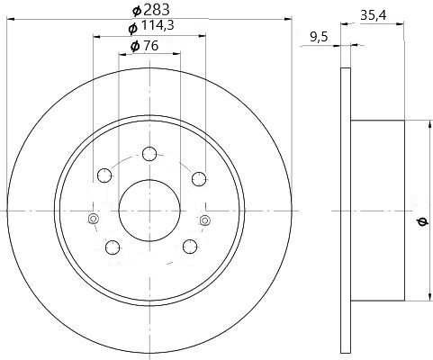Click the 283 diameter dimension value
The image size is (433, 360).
point(157,10)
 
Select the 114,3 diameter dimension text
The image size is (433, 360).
point(158,26)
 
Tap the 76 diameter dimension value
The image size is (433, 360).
point(151,46)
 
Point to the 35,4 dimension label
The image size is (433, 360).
point(374,15)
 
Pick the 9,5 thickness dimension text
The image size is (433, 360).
point(319,37)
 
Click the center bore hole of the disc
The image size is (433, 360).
point(149,211)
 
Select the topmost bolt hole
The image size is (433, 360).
point(149,154)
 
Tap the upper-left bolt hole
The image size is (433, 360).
point(104,175)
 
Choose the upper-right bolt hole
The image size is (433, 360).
point(199,179)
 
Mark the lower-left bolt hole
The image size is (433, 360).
point(113,247)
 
